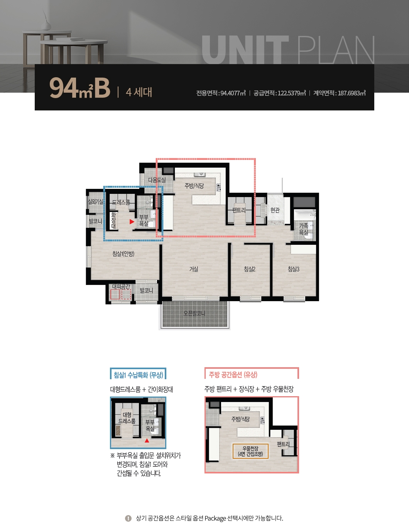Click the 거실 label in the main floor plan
194,269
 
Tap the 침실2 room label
250,269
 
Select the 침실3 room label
294,269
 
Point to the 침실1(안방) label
123,254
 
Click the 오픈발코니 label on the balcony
194,313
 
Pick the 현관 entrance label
275,210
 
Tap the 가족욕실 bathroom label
304,229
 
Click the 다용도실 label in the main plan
157,180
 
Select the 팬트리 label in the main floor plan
239,210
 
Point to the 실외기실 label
96,202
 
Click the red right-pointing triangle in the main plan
132,222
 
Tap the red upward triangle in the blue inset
147,441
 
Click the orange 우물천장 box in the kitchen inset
250,451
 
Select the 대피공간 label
121,286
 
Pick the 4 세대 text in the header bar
139,92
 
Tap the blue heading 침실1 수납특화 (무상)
138,375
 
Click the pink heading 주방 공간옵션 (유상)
233,375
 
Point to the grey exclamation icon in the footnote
128,518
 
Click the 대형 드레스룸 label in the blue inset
127,418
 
